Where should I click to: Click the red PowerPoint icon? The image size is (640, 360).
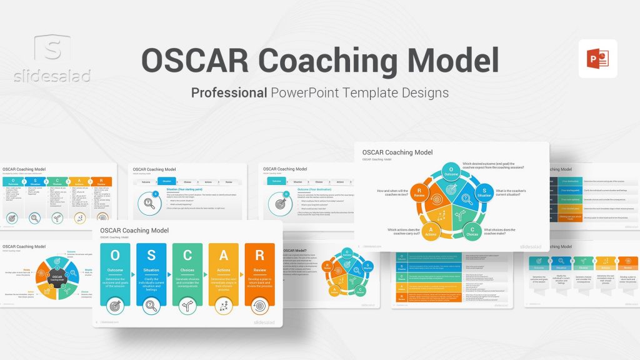coord(597,59)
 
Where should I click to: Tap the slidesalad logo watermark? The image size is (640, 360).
coord(53,59)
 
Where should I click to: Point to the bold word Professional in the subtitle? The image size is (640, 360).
coord(229,92)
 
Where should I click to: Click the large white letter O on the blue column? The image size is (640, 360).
coord(115,255)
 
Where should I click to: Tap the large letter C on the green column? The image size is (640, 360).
coord(187,255)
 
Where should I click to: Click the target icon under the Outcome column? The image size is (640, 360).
coord(115,306)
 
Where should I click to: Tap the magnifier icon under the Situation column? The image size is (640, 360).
coord(151,306)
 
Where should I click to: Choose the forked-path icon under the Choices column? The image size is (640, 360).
coord(187,306)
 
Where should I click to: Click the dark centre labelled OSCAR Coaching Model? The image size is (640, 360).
coord(57,277)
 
